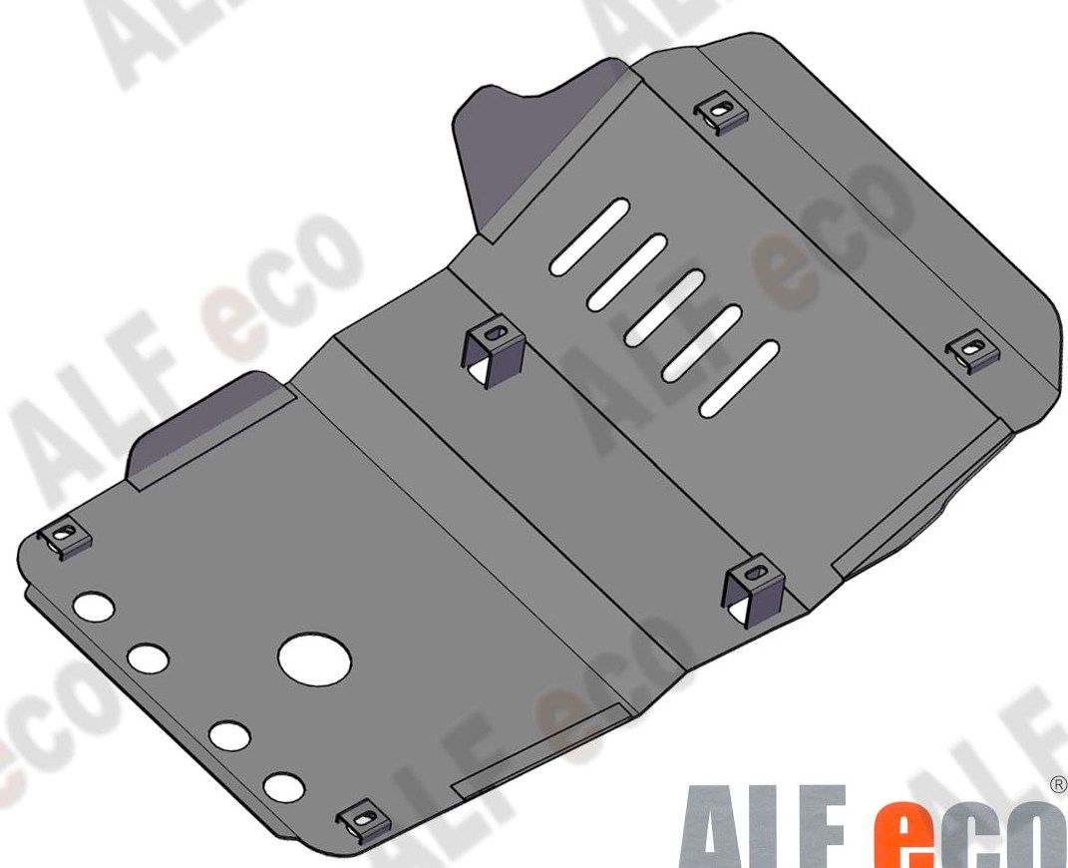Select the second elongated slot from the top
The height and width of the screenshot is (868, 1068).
click(627, 270)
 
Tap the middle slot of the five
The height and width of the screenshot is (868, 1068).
click(664, 307)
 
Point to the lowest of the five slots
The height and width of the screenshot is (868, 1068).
click(740, 378)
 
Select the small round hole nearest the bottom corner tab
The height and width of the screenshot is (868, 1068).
click(285, 787)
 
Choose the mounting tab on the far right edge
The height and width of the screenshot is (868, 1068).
click(970, 351)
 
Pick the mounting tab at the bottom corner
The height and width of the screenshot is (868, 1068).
click(362, 819)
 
